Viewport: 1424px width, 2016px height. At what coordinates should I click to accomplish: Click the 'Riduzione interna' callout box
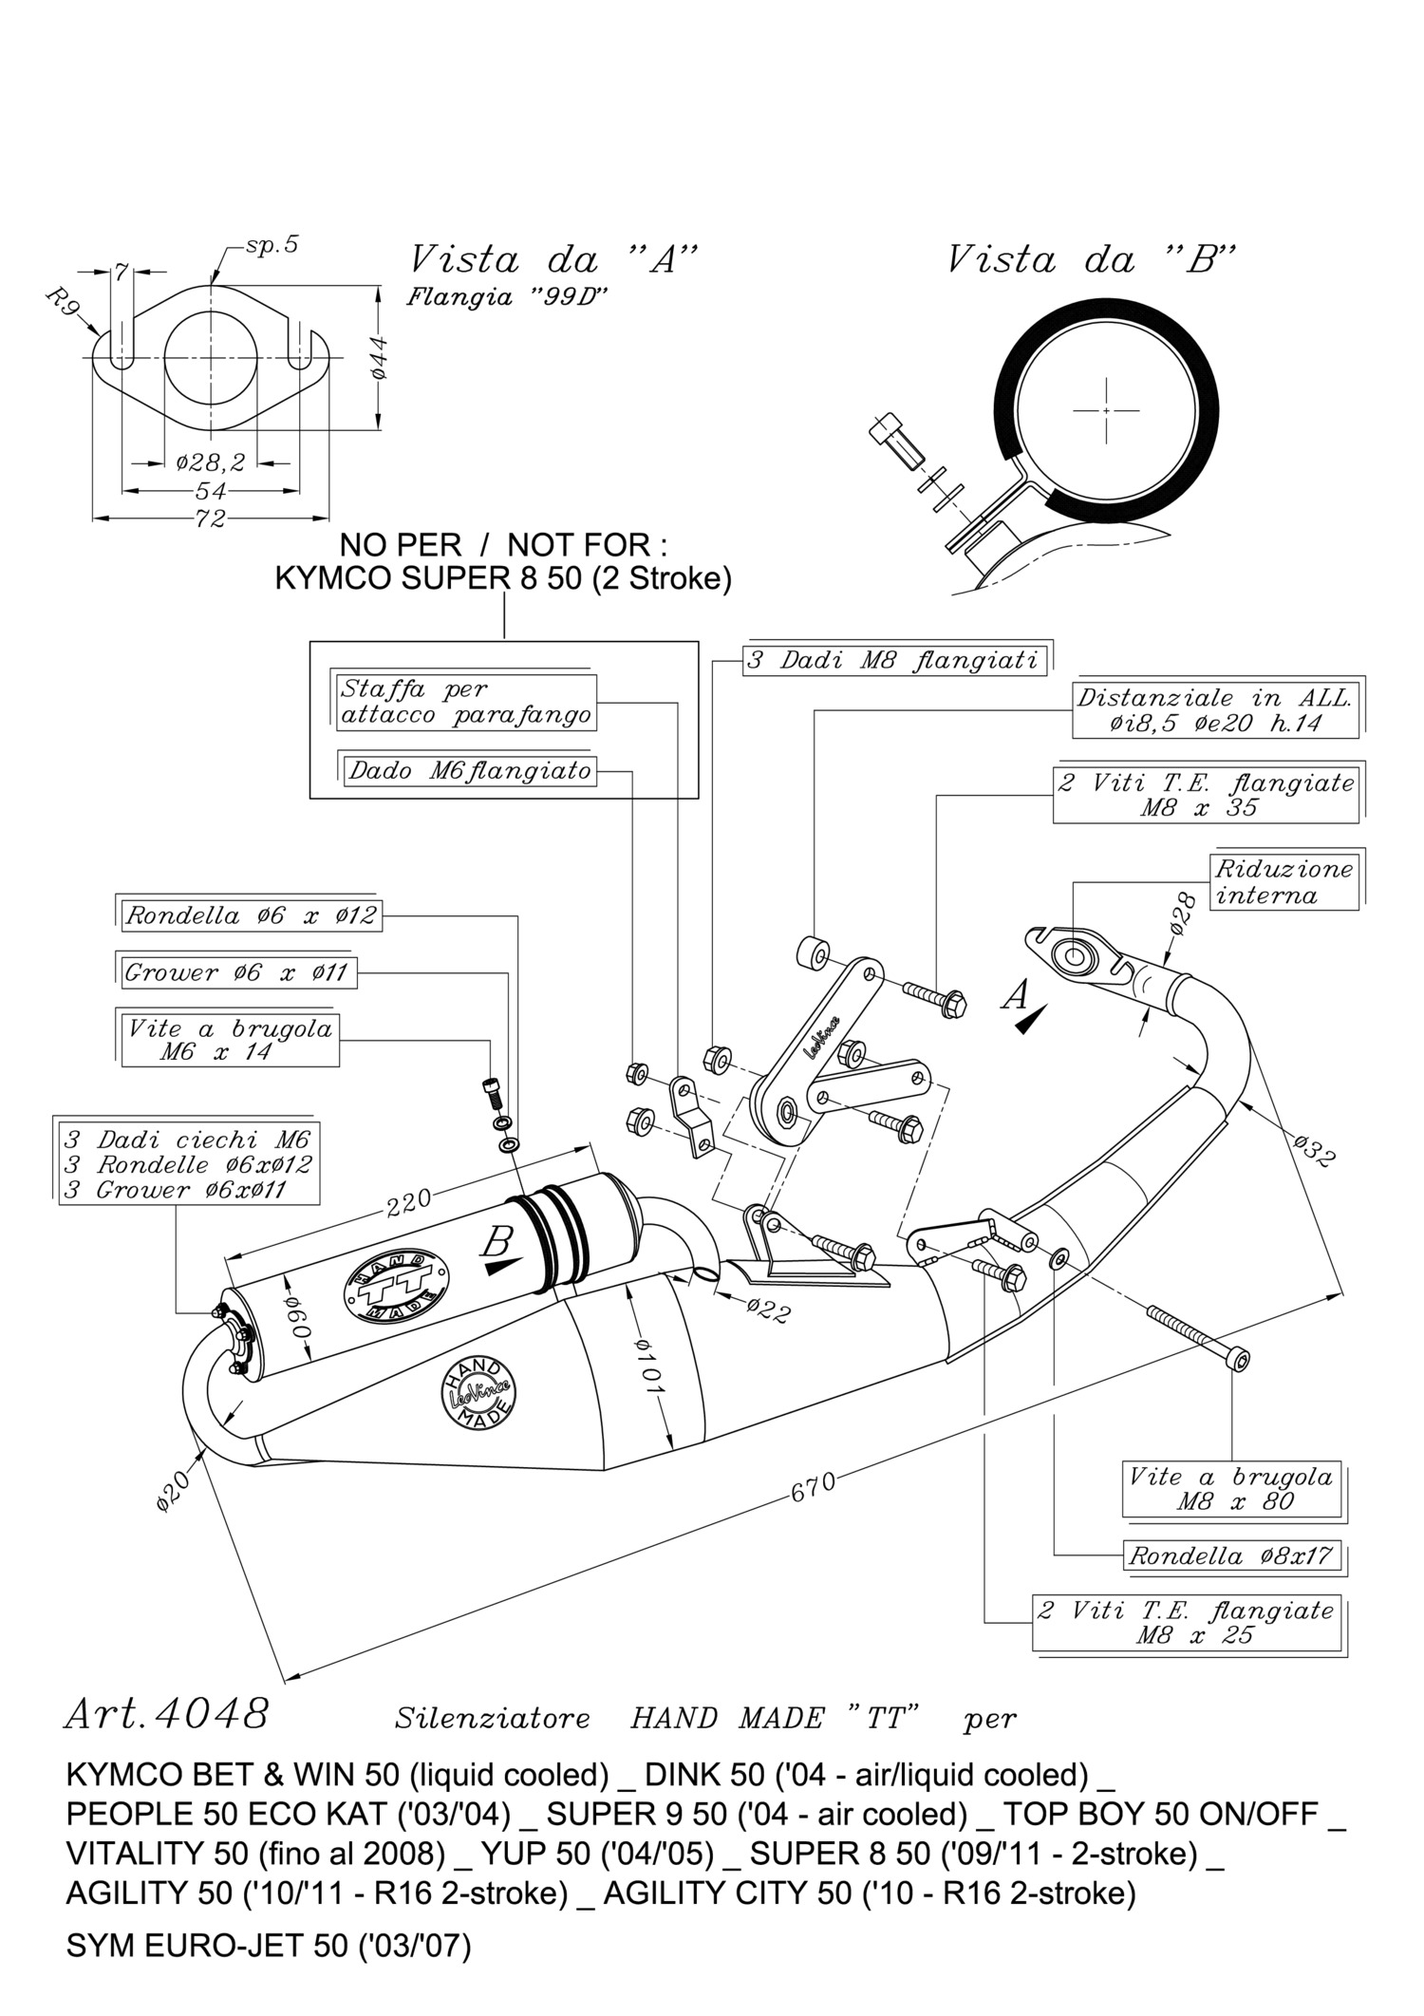(1283, 882)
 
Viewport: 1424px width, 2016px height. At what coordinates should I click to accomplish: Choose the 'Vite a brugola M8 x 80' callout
(1230, 1489)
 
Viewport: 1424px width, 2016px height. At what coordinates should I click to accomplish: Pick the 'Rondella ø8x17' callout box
(1230, 1555)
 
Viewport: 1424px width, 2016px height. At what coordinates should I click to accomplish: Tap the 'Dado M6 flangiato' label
(469, 770)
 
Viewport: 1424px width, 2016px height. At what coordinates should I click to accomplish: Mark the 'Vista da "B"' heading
(1092, 259)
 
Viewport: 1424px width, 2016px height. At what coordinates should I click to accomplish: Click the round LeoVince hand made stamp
(477, 1393)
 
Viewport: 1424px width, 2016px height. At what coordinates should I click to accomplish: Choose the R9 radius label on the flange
(65, 306)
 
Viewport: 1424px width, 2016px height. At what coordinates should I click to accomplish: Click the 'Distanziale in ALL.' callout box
(1214, 710)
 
